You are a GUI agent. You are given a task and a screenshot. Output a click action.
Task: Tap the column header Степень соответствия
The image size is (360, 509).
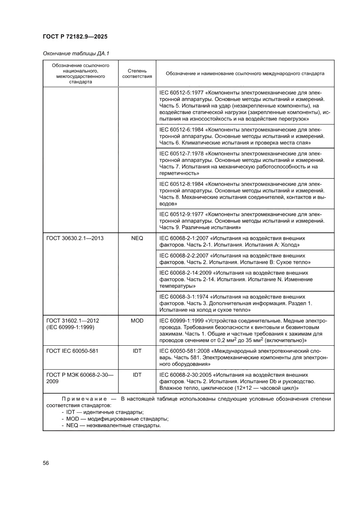pos(137,74)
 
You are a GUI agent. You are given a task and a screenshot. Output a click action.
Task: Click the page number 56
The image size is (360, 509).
pos(46,463)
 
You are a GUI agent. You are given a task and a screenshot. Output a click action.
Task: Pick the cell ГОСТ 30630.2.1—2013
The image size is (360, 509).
pos(75,239)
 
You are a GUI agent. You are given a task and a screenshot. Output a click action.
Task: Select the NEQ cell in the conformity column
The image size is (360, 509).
pos(137,239)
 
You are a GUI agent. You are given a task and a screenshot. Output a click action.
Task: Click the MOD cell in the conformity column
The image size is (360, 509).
pos(137,320)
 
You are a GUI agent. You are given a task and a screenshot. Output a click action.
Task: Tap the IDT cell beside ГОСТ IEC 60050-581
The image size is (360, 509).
pos(137,350)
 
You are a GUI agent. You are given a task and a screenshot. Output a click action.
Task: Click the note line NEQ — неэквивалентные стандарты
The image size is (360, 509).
pos(114,425)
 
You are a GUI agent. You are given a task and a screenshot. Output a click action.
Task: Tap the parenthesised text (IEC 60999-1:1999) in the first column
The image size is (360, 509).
pos(70,327)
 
